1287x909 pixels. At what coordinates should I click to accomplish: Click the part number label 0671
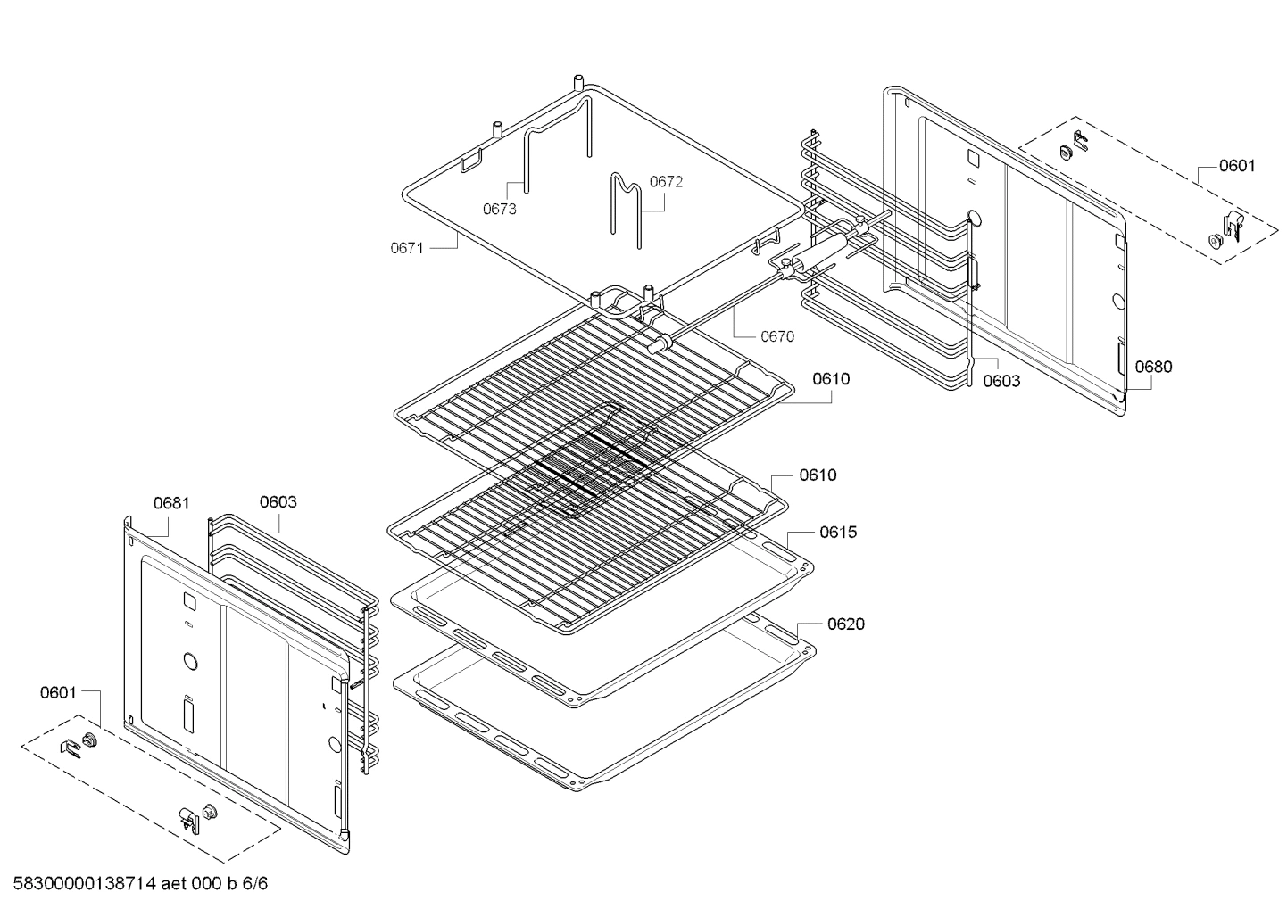[406, 248]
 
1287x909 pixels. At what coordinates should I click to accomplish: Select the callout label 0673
[500, 210]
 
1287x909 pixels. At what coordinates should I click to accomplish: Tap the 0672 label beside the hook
[666, 182]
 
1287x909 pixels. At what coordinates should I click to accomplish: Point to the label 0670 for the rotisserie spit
[776, 336]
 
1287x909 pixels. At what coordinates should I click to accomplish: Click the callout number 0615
[837, 533]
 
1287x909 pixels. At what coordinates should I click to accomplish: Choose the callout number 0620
[845, 624]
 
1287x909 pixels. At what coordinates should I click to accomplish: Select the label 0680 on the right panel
[1153, 367]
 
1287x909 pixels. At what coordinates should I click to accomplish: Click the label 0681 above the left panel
[171, 503]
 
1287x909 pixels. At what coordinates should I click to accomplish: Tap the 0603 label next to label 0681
[278, 502]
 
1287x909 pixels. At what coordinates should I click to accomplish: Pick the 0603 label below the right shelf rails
[1001, 381]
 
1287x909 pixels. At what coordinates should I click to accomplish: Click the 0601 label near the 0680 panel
[1237, 165]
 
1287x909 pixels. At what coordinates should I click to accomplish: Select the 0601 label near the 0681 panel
[58, 692]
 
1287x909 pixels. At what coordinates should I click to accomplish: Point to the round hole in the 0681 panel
[189, 661]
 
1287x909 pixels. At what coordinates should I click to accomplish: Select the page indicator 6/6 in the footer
[255, 884]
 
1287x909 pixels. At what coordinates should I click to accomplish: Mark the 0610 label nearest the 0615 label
[818, 475]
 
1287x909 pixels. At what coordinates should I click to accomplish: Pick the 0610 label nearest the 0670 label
[831, 379]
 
